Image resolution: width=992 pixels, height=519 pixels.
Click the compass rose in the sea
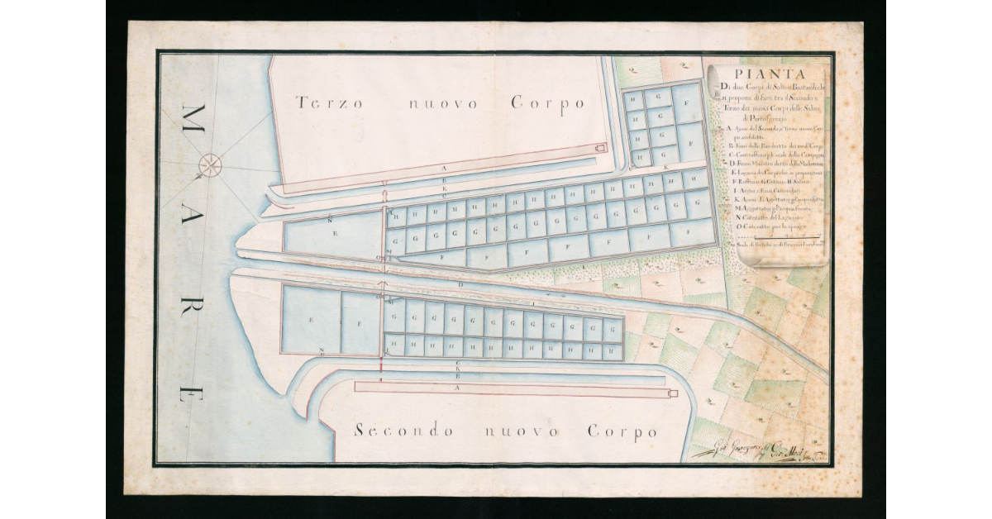coord(210,165)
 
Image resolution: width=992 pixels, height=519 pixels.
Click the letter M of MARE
coord(197,117)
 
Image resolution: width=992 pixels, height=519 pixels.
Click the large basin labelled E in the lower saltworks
coord(311,320)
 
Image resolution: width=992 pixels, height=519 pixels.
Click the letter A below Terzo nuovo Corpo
coord(445,168)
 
